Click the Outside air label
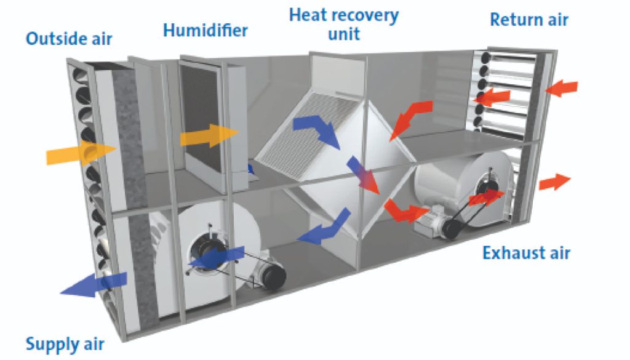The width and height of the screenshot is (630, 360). pyautogui.click(x=69, y=39)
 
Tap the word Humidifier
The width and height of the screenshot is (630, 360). pyautogui.click(x=205, y=30)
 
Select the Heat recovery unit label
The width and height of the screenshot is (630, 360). pyautogui.click(x=344, y=23)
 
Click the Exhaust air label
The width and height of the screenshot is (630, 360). pyautogui.click(x=526, y=252)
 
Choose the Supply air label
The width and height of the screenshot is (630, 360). pyautogui.click(x=65, y=343)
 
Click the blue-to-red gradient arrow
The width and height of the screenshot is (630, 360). pyautogui.click(x=363, y=175)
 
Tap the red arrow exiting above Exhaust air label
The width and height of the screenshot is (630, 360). pyautogui.click(x=554, y=182)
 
